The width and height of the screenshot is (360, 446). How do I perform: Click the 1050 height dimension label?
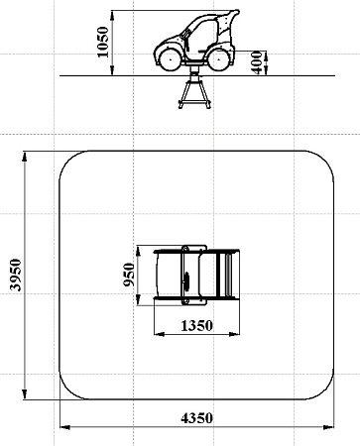point(103,42)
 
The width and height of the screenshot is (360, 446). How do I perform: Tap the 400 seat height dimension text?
point(257,62)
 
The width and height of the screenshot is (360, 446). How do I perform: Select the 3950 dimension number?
point(15,275)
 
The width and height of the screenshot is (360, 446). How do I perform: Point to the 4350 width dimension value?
point(196,418)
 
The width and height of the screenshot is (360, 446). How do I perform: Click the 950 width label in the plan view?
point(129,275)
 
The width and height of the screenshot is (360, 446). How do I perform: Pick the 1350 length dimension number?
point(196,326)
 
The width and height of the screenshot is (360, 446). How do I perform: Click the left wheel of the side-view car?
point(171,59)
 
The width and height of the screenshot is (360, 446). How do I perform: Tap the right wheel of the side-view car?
point(219,59)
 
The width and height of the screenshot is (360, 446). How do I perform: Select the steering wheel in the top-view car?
point(186,281)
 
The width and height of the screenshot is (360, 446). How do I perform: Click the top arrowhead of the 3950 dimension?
point(24,157)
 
